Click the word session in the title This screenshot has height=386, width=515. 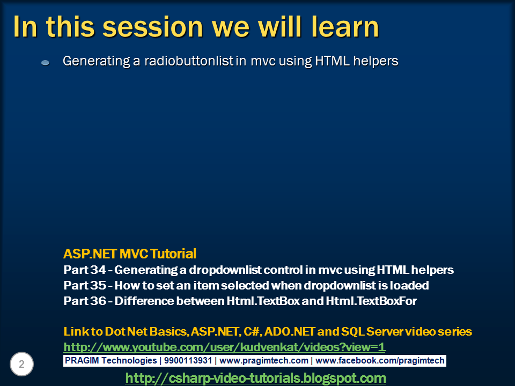[x=153, y=27]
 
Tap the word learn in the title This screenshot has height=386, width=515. [x=345, y=26]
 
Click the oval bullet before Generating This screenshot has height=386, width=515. [x=45, y=62]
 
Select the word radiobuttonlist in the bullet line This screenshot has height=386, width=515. [x=189, y=61]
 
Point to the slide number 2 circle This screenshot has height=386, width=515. [x=21, y=364]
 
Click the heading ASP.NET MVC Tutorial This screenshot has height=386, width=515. [x=130, y=254]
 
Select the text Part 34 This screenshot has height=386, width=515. [x=85, y=270]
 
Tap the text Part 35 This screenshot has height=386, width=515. [x=85, y=285]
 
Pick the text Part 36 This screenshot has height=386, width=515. [x=85, y=301]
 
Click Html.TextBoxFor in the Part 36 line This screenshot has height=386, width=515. [x=371, y=301]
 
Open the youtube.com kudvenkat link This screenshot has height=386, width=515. [x=224, y=347]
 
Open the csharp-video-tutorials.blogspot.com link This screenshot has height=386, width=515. [x=255, y=378]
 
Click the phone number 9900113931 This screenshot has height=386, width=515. [x=188, y=360]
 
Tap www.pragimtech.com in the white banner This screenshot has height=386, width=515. [x=264, y=361]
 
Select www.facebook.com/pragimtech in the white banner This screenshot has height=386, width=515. [x=380, y=361]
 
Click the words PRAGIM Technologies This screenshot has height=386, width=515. [x=111, y=361]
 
